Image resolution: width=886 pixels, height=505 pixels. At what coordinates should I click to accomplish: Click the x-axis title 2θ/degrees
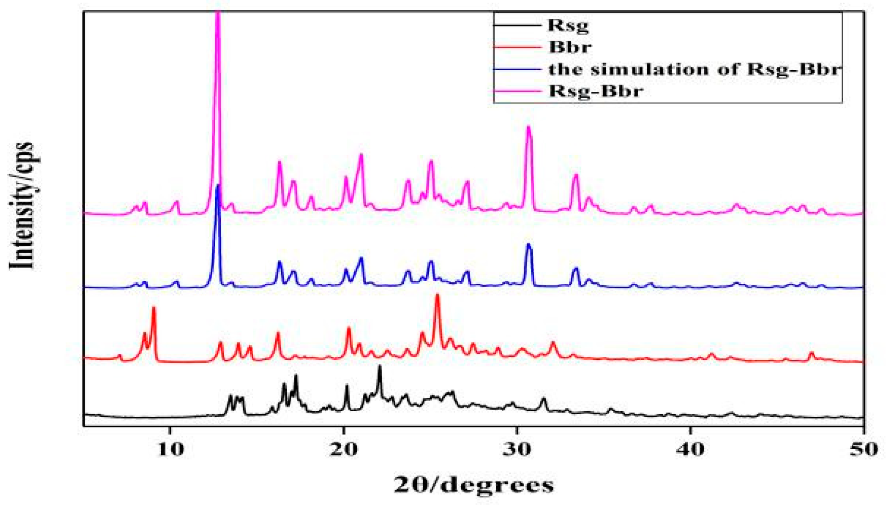(x=474, y=485)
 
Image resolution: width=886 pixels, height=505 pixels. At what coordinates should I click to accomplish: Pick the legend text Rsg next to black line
(x=568, y=25)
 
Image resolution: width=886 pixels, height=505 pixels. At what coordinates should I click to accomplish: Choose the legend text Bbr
(x=570, y=47)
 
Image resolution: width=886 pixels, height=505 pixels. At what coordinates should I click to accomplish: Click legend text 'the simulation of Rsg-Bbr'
(x=695, y=69)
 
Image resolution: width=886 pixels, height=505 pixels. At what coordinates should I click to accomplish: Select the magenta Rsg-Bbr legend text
(x=596, y=91)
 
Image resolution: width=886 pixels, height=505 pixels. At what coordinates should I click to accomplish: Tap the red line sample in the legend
(x=517, y=47)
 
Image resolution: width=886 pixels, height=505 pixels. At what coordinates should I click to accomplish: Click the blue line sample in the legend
(x=517, y=69)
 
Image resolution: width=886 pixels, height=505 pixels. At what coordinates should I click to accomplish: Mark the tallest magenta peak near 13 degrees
(x=218, y=14)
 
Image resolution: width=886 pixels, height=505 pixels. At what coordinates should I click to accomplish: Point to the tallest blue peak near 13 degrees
(x=218, y=186)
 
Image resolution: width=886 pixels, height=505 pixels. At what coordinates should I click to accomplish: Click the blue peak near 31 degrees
(x=528, y=245)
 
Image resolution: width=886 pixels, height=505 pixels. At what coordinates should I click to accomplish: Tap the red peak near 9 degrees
(x=154, y=308)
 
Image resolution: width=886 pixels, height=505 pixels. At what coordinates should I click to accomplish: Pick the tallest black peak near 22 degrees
(x=379, y=366)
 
